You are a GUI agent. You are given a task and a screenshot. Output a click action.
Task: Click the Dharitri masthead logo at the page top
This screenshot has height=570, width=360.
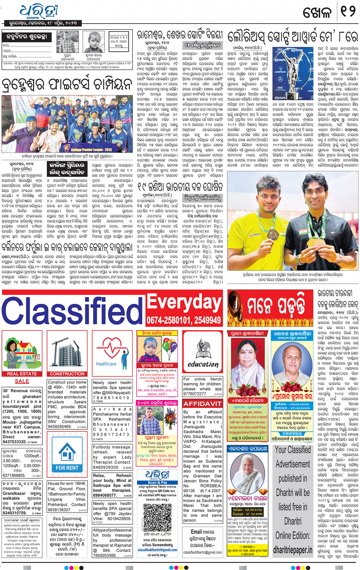(x=38, y=12)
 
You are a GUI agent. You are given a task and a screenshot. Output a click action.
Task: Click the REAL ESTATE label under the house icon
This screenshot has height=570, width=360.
(x=22, y=374)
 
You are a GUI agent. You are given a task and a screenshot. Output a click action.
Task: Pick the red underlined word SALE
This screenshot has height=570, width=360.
(x=22, y=381)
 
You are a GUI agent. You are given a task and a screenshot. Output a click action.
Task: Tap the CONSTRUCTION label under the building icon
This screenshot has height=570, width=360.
(x=67, y=374)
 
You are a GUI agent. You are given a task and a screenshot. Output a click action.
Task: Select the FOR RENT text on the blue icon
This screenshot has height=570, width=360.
(x=67, y=468)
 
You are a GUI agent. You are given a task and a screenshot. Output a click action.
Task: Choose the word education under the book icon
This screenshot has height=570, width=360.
(x=203, y=364)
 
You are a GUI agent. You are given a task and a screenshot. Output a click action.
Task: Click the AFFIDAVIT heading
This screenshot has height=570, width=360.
(x=203, y=404)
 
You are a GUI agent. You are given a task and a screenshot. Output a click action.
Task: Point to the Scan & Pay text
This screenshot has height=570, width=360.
(x=157, y=482)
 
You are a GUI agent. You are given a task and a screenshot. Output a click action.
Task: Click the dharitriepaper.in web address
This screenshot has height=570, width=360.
(x=293, y=550)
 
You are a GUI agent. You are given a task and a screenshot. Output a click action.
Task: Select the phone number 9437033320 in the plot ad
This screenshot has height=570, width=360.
(x=14, y=442)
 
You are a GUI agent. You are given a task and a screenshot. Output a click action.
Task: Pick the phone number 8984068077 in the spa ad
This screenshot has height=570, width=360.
(x=105, y=495)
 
